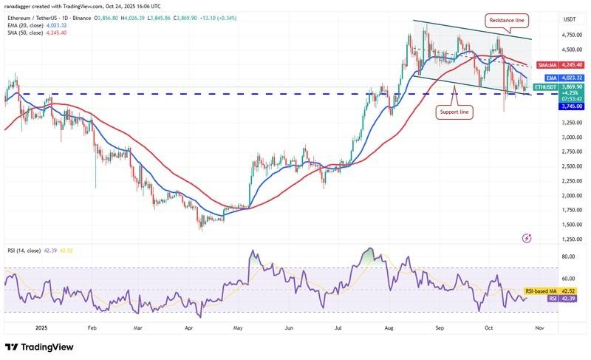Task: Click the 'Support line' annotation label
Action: (x=454, y=112)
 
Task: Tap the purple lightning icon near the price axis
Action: (x=526, y=238)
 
